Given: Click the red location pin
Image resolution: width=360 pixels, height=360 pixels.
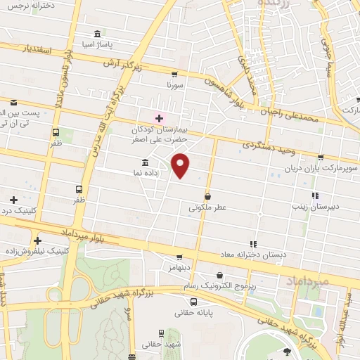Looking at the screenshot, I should point(181,165).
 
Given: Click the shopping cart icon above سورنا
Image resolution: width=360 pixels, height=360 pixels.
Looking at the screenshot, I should point(174,74).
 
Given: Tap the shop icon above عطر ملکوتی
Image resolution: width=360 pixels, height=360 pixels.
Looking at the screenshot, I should point(207,197).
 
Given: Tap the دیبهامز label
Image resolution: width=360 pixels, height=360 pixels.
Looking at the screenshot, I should point(179,268).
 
